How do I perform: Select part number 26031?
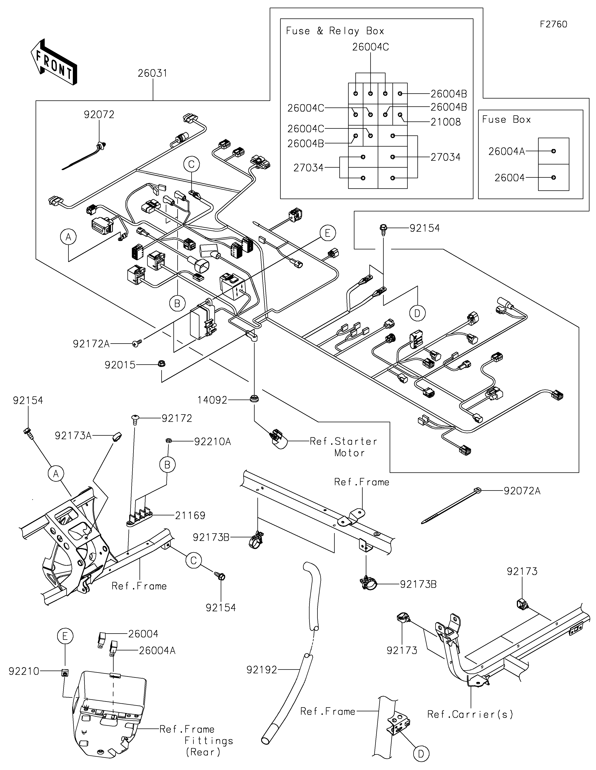(152, 74)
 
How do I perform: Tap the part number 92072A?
(522, 491)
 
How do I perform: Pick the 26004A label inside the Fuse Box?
(506, 151)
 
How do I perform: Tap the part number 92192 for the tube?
(262, 670)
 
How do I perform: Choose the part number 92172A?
(91, 344)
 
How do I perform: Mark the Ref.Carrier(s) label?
(470, 714)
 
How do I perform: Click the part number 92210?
(24, 671)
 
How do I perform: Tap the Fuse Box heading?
(506, 120)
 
